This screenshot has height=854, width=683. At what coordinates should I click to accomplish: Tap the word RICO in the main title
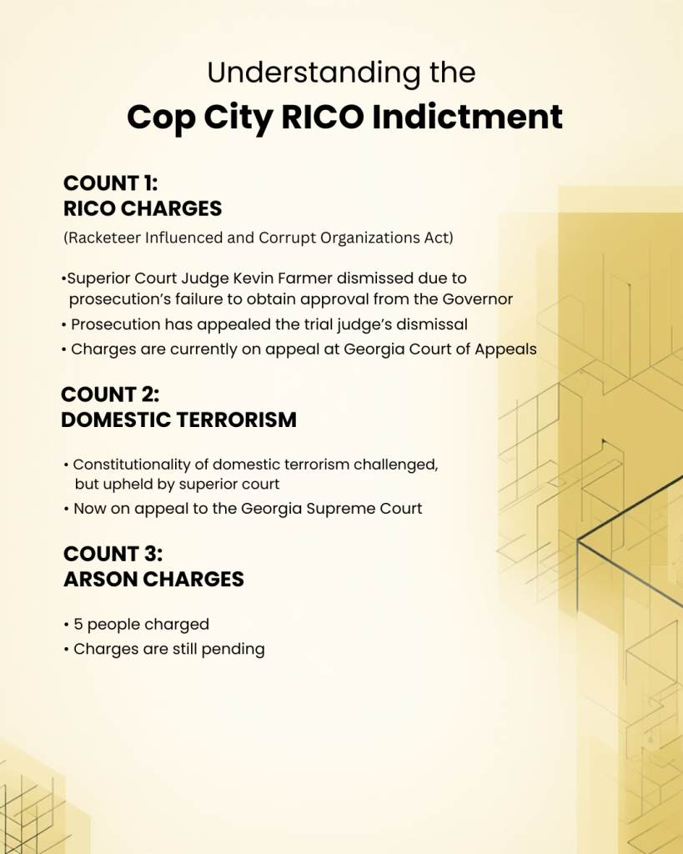(x=321, y=117)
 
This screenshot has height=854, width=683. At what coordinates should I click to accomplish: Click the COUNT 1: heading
(x=110, y=183)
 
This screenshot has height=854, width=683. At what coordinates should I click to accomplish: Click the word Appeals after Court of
(x=505, y=349)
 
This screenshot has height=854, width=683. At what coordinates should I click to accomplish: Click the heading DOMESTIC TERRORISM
(x=178, y=420)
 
